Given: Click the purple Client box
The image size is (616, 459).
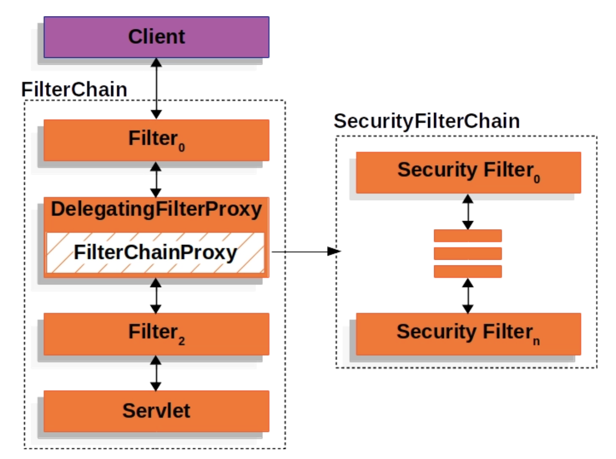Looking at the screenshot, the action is [x=156, y=37].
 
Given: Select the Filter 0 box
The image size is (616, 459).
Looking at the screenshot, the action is [x=156, y=140].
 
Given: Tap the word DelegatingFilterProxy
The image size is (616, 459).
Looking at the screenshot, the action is [x=156, y=209].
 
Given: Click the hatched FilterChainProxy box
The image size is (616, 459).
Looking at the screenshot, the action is [x=155, y=252].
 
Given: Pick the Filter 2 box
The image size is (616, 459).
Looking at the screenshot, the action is [x=156, y=334].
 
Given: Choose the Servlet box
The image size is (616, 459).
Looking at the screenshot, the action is [x=156, y=411].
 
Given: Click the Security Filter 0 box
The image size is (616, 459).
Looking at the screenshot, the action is [x=469, y=172].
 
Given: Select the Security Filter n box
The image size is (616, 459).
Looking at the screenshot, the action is [x=469, y=334].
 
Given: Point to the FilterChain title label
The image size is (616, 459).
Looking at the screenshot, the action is [x=74, y=89].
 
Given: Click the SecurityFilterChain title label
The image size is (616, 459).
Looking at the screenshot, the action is [x=427, y=121].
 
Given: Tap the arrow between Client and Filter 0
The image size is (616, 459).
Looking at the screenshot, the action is [x=156, y=88].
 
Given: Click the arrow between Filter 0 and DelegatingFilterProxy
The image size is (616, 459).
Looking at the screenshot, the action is [x=156, y=180].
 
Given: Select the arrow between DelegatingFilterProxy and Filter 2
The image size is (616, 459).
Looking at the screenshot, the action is [x=156, y=296].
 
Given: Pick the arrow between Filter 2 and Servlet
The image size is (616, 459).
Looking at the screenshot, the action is [x=156, y=373].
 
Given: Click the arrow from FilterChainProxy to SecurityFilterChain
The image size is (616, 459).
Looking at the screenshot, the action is [x=306, y=251].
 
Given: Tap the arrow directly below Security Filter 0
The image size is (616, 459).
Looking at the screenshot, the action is [x=468, y=212].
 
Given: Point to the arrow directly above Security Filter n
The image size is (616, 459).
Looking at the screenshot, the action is [x=468, y=296].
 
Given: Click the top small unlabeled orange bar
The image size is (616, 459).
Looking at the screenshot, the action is [x=468, y=236].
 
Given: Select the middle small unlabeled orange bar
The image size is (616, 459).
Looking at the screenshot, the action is [x=468, y=254].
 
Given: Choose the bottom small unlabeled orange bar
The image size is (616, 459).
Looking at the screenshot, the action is [x=468, y=271].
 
